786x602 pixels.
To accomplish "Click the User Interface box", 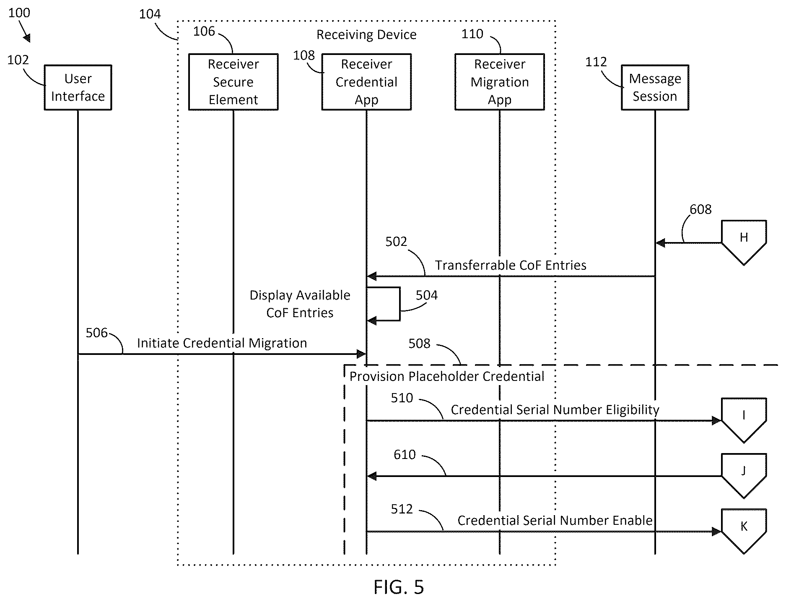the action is coord(78,87).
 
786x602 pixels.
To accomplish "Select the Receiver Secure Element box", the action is coord(233,82).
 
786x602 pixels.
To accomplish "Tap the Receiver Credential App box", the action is coord(366,82).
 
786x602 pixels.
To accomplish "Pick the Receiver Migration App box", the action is coord(500,82).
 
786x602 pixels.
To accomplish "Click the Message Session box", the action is coord(655,87).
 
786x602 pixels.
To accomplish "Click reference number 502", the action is coord(396,242).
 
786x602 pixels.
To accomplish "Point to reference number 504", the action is coord(427,295).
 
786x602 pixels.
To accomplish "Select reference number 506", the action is coord(97,333).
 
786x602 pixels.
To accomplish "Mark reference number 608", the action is coord(700,209).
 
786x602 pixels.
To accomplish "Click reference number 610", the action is coord(405,455).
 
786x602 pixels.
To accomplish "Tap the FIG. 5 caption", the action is coord(399,587).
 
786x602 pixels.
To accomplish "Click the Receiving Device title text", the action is coord(366,35).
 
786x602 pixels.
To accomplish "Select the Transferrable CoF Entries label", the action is coord(511,265).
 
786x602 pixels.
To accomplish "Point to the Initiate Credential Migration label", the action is coord(222,343).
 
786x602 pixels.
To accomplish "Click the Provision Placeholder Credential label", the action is coord(447,376).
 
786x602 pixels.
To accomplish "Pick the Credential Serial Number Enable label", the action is coord(555,521).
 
